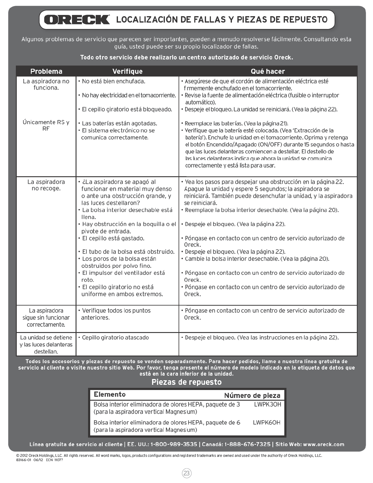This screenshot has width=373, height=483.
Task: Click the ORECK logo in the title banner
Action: pyautogui.click(x=77, y=20)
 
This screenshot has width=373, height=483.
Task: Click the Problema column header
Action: pyautogui.click(x=46, y=71)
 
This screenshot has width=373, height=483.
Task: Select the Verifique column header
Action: pyautogui.click(x=127, y=71)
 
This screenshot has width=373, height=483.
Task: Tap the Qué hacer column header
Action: pyautogui.click(x=268, y=71)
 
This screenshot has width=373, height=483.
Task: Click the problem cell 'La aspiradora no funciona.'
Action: pyautogui.click(x=46, y=84)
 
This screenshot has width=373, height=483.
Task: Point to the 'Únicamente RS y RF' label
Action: pyautogui.click(x=46, y=125)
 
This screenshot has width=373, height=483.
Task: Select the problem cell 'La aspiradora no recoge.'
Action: pyautogui.click(x=46, y=185)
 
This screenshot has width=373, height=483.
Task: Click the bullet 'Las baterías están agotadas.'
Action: pyautogui.click(x=119, y=123)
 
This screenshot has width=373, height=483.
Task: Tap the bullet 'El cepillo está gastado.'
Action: pyautogui.click(x=113, y=238)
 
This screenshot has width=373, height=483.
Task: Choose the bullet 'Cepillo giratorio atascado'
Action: pyautogui.click(x=115, y=338)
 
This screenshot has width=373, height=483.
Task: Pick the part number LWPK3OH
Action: pyautogui.click(x=268, y=404)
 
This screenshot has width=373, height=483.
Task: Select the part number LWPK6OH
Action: pyautogui.click(x=267, y=423)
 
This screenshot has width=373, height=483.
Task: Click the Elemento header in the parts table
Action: pyautogui.click(x=110, y=395)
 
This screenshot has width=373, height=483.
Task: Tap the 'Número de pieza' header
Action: pyautogui.click(x=252, y=395)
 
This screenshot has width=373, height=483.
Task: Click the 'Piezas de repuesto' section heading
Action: pyautogui.click(x=187, y=382)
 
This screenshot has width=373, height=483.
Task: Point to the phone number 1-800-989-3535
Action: pyautogui.click(x=174, y=444)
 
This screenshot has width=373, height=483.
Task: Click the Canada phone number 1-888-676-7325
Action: pyautogui.click(x=247, y=444)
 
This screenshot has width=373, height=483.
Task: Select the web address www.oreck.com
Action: pyautogui.click(x=324, y=444)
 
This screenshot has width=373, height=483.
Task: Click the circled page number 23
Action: pyautogui.click(x=187, y=473)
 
